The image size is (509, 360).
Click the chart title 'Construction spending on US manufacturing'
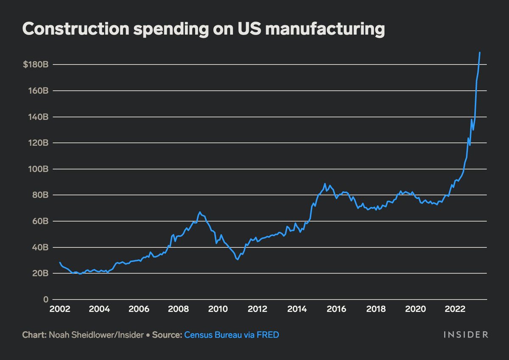203,29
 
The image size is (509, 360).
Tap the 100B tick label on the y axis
37,169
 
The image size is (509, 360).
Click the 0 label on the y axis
44,300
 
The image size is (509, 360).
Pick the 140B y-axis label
37,117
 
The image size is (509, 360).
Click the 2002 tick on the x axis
60,309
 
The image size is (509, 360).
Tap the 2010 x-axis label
218,309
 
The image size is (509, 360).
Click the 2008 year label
179,309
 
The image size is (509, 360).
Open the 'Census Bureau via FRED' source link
231,335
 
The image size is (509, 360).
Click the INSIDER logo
465,335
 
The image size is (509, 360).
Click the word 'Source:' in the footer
166,335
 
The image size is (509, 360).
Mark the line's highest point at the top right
480,53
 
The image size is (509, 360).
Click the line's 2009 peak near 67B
200,212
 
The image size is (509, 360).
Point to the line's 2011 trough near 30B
237,259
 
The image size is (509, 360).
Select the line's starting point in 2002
60,263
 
